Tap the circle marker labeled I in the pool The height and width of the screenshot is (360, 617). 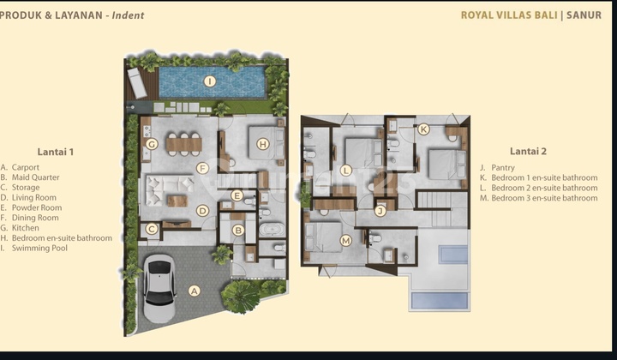tap(209, 81)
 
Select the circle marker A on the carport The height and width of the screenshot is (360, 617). tap(195, 291)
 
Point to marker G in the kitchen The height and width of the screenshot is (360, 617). tap(152, 144)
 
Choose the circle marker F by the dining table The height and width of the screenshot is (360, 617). tap(202, 168)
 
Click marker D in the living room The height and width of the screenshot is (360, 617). tap(202, 210)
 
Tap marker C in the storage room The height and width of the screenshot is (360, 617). tap(152, 229)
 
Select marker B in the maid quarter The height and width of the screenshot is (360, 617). tap(239, 230)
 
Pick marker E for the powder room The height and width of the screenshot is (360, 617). tap(237, 195)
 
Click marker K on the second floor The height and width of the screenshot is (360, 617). tap(422, 129)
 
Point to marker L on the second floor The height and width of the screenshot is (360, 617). tap(345, 171)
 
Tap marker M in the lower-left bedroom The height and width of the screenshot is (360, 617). tap(345, 240)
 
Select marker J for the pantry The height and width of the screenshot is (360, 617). tap(380, 210)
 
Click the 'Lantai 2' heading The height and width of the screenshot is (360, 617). tap(528, 151)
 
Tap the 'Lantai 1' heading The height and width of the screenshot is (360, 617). tap(56, 152)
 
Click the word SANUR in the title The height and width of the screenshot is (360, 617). tap(584, 15)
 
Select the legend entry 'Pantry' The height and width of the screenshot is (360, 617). tap(502, 167)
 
